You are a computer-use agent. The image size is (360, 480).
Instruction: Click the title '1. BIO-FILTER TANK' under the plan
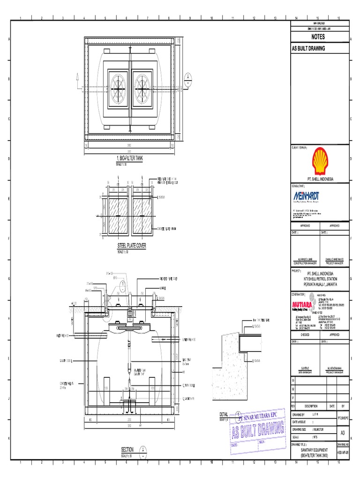pyautogui.click(x=129, y=159)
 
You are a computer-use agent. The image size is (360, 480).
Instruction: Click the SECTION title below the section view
pyautogui.click(x=127, y=449)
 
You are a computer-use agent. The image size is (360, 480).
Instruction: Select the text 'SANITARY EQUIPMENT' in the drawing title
pyautogui.click(x=315, y=450)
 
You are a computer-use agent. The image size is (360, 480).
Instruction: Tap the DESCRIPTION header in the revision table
pyautogui.click(x=308, y=406)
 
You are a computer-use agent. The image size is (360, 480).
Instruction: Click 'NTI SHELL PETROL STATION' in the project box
pyautogui.click(x=320, y=277)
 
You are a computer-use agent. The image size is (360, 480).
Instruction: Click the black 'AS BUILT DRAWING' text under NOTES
pyautogui.click(x=308, y=48)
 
